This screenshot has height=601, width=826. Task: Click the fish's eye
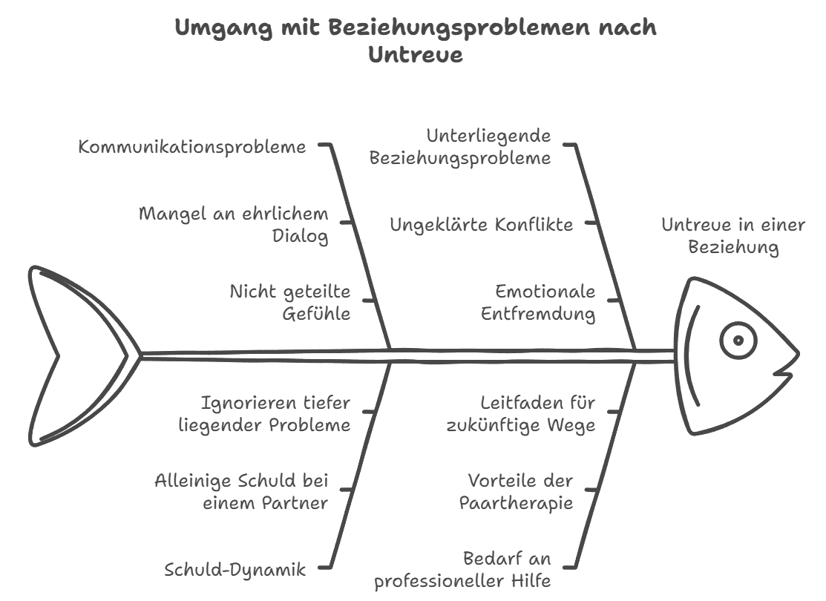coord(738,341)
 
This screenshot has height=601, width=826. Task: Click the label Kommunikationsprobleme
coord(192,147)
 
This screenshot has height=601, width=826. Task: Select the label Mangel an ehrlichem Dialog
coord(233,225)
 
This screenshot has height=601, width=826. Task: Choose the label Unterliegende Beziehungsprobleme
coord(460,147)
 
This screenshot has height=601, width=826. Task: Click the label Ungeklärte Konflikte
coord(482,225)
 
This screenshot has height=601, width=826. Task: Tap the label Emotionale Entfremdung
coord(538,303)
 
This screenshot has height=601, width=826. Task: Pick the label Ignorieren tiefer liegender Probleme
coord(275,414)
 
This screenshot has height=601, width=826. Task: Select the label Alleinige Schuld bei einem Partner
coord(241,492)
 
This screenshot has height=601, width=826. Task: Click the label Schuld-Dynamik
coord(235,570)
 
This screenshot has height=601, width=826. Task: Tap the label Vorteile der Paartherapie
coord(517,492)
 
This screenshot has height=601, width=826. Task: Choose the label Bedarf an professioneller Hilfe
coord(462,570)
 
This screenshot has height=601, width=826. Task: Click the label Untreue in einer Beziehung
coord(733,236)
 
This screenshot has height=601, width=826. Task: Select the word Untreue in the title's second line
coord(416,54)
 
